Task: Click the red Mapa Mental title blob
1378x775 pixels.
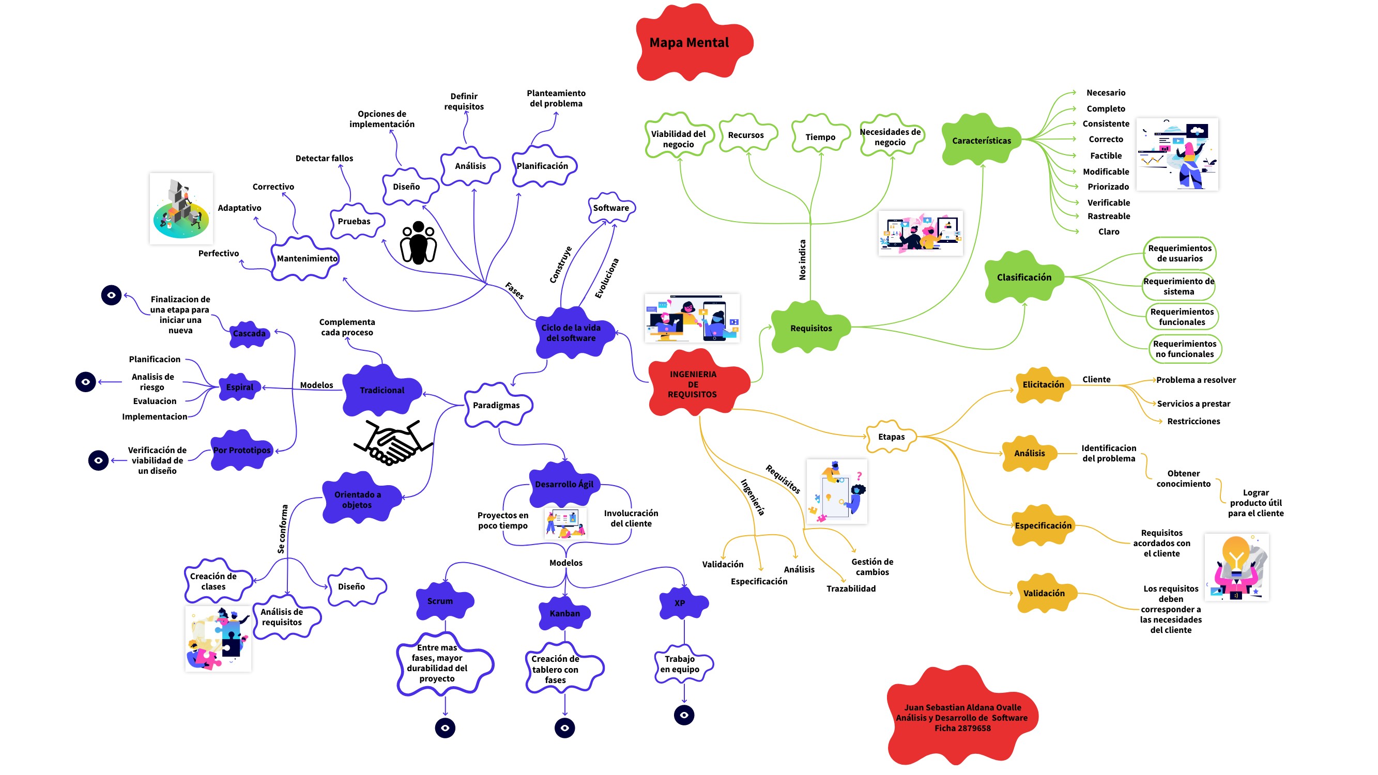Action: [689, 43]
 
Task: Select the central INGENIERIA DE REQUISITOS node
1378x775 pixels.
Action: [693, 384]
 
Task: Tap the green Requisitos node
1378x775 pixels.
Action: [811, 328]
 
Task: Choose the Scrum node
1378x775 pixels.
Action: [440, 601]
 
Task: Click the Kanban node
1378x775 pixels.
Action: [565, 613]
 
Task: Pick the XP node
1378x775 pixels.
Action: [680, 603]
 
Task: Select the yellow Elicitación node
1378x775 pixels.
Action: [1043, 384]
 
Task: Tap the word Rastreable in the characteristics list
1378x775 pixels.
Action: [1108, 216]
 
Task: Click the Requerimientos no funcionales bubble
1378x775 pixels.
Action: [1184, 349]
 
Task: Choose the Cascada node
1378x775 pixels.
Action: [249, 334]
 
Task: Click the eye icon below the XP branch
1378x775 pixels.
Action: [684, 715]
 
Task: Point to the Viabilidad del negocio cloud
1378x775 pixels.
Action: [678, 138]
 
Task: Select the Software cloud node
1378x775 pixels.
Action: [611, 208]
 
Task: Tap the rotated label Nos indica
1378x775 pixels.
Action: [802, 259]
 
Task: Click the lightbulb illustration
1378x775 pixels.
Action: [1236, 567]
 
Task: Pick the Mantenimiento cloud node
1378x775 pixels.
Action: [307, 258]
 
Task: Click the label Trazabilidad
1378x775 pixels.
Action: [851, 588]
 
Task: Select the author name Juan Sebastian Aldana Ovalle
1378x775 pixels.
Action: [962, 707]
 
